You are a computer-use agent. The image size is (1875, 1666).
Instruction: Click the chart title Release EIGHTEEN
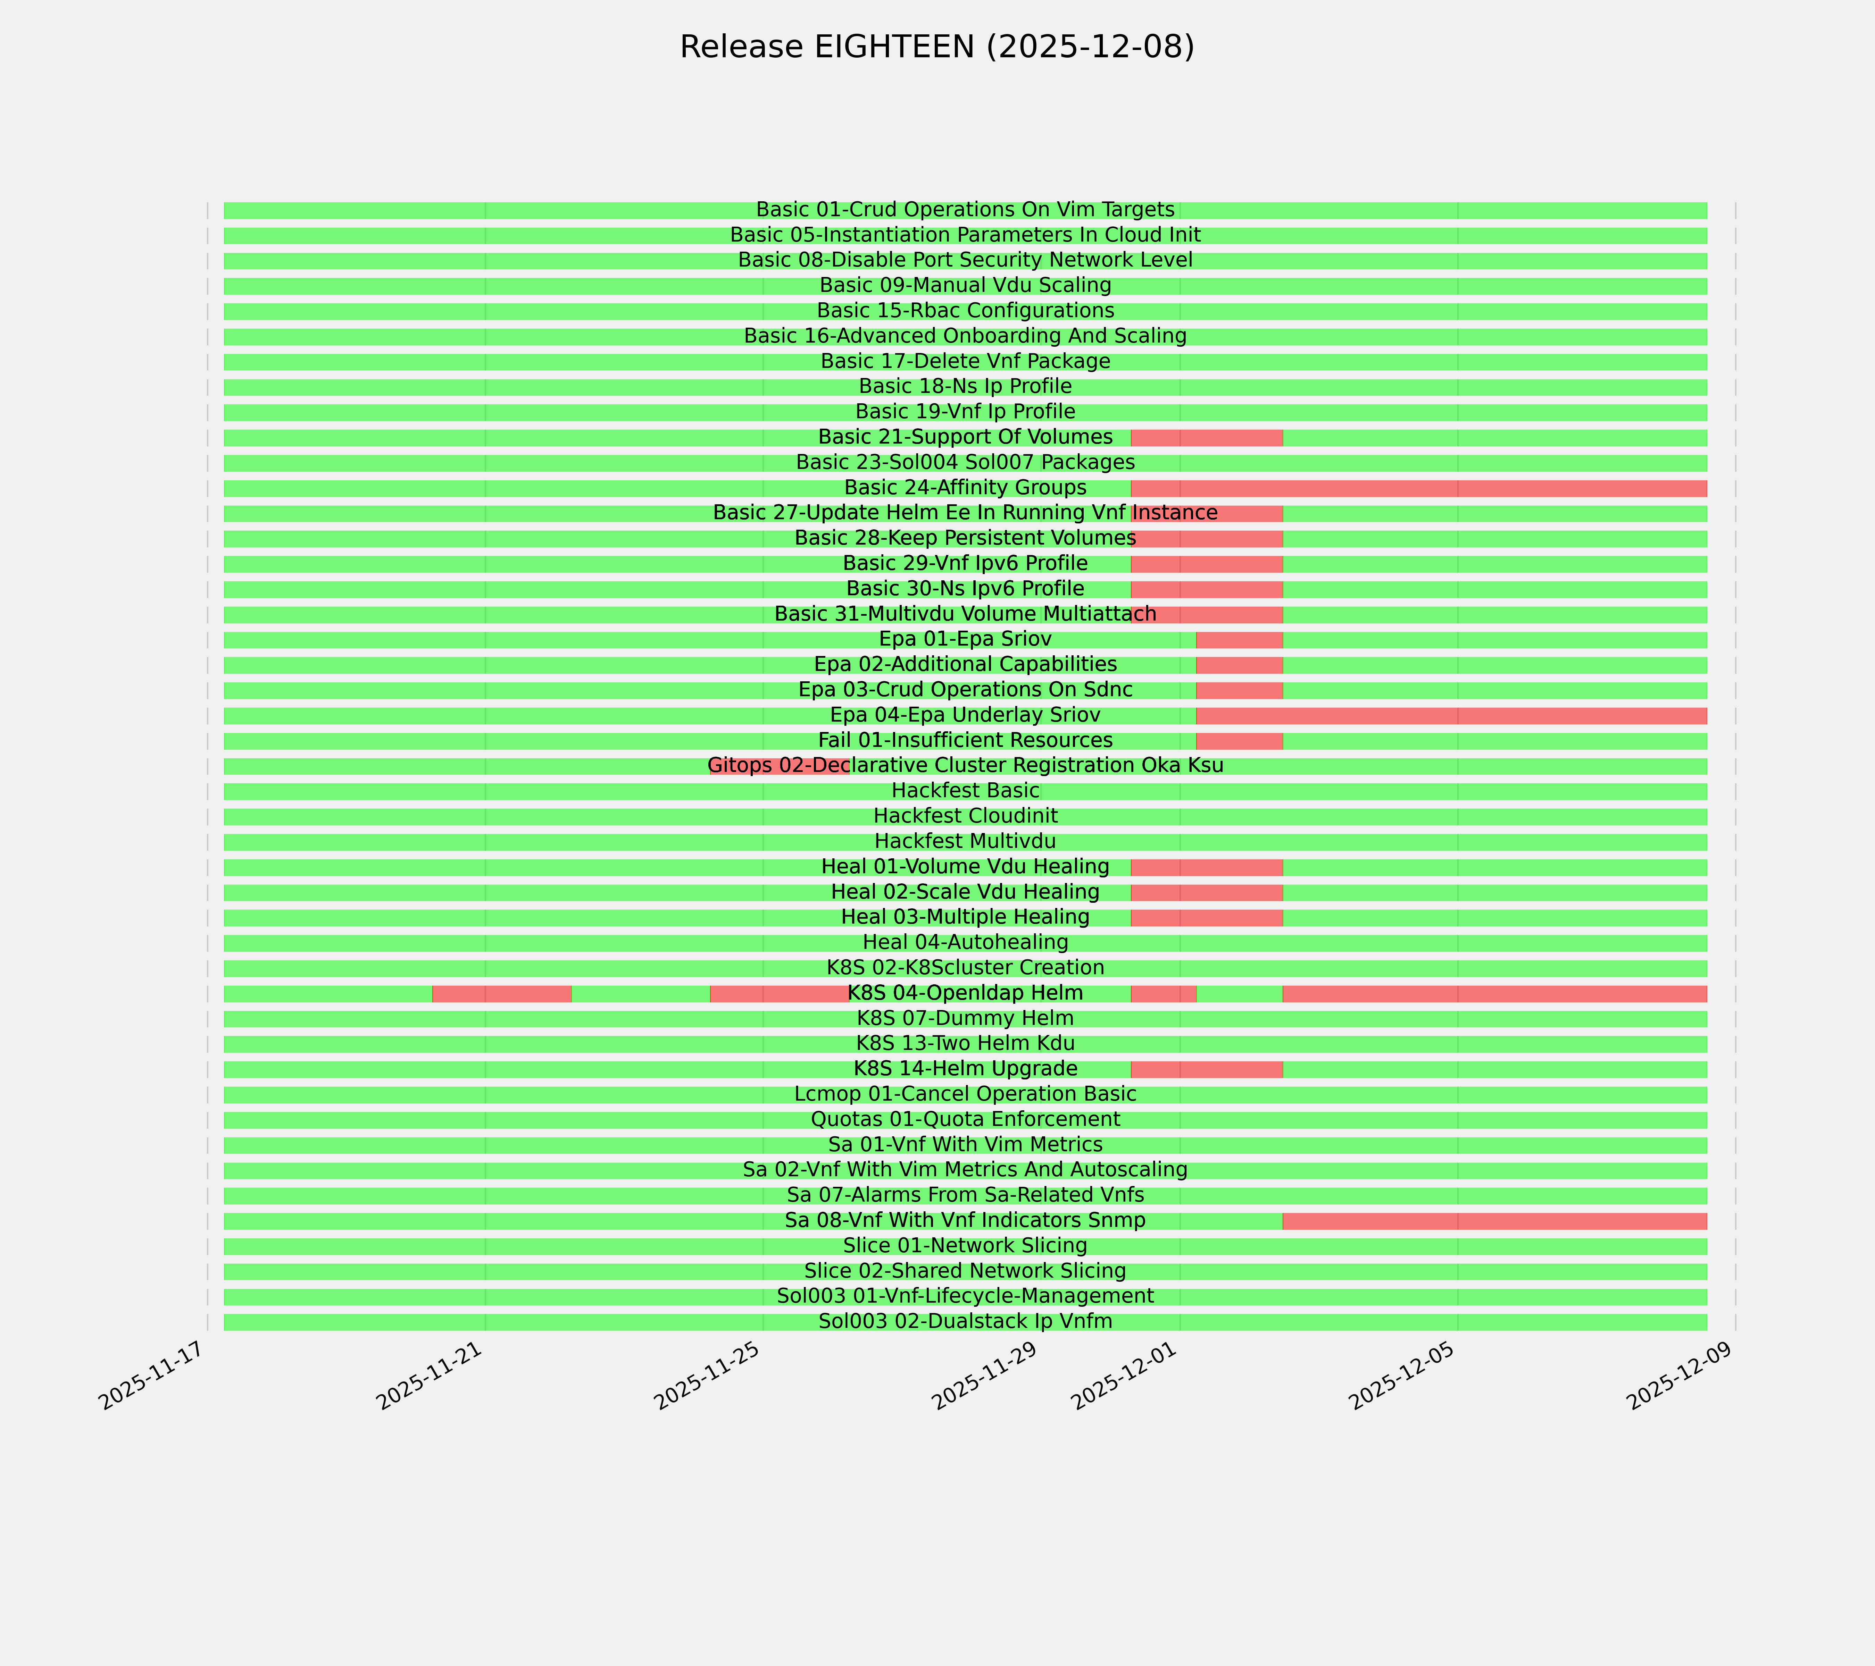936,47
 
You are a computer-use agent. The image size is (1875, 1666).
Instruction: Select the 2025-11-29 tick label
987,1380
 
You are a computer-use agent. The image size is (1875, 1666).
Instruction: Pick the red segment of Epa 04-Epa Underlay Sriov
1451,715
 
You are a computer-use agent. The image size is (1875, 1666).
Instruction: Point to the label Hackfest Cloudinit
965,816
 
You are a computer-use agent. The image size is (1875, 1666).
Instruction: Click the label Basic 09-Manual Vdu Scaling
965,285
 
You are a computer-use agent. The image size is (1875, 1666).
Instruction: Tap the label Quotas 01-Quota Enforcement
965,1120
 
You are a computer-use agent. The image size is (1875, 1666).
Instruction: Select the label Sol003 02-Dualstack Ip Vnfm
965,1321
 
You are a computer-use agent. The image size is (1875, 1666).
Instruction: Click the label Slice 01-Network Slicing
965,1246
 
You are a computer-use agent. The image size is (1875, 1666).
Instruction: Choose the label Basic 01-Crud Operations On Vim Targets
965,210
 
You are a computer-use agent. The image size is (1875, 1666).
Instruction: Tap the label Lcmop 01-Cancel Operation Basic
965,1094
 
